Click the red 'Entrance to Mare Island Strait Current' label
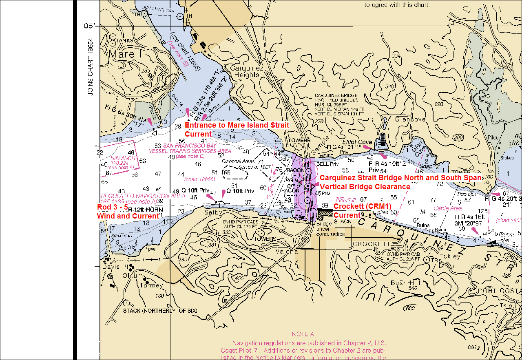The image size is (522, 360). coord(237,129)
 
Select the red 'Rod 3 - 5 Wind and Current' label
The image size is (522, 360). coord(127,212)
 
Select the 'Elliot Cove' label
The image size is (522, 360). coord(357,142)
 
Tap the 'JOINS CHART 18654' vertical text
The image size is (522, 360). coord(91,67)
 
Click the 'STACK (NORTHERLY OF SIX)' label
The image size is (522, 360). coord(160,311)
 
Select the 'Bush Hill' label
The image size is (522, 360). coord(406,283)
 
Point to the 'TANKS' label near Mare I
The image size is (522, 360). coord(125,41)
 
